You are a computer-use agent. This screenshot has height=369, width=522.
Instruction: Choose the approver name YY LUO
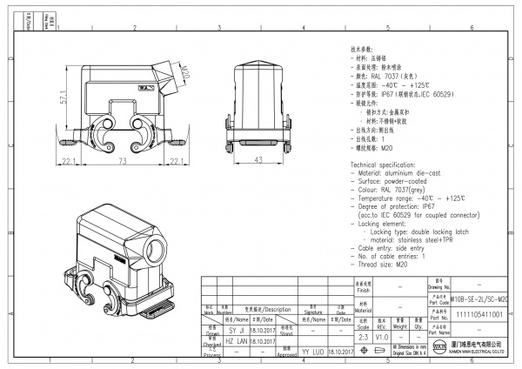point(312,352)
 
